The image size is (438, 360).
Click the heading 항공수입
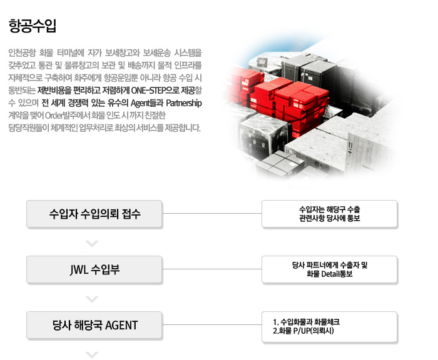33,26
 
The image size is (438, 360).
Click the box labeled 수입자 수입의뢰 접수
94,214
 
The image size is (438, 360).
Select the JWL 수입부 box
94,269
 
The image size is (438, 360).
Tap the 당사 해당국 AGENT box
94,325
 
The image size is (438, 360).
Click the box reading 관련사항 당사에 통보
329,214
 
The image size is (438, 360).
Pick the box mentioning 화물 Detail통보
329,269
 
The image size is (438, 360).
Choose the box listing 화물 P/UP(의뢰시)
329,326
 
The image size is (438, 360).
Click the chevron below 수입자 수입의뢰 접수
92,244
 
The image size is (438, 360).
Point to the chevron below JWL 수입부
92,299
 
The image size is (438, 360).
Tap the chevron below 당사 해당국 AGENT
92,355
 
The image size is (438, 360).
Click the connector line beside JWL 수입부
212,269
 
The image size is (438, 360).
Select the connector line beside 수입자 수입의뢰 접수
212,214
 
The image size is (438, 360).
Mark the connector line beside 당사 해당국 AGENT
212,325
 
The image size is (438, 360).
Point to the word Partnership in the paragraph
184,103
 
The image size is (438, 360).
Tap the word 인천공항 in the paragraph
23,52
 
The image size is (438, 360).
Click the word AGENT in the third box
121,326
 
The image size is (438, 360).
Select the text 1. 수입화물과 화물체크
306,322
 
